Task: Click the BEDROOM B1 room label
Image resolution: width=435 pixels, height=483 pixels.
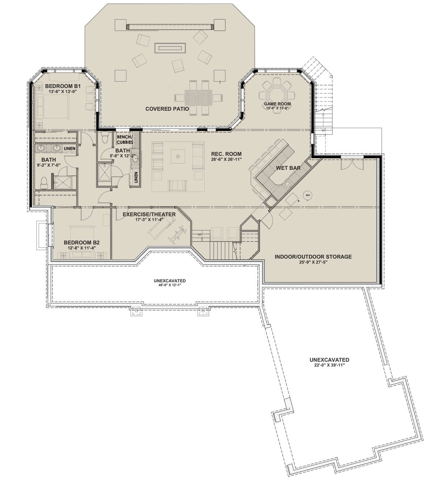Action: (x=63, y=86)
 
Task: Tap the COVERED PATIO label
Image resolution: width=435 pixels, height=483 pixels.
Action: (x=167, y=109)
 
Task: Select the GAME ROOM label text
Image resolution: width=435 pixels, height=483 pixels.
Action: (x=277, y=104)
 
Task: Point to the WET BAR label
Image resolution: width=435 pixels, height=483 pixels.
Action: (x=288, y=168)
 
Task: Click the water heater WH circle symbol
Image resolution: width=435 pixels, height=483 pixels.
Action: (x=308, y=195)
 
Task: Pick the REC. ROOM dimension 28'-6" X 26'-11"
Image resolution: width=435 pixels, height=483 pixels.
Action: (x=226, y=159)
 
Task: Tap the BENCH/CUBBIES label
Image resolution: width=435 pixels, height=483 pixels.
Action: (x=125, y=139)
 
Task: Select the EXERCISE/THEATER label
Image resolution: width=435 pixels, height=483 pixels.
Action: (x=149, y=214)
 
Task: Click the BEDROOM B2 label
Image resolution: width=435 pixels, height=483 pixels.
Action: (x=82, y=242)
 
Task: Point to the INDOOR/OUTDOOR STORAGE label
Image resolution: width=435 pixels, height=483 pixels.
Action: (x=313, y=257)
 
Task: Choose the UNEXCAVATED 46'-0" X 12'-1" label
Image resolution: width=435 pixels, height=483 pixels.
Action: (x=170, y=283)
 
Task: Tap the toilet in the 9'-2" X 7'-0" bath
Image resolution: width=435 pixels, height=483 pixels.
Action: (x=44, y=183)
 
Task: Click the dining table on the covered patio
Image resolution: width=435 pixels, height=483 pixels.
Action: (x=199, y=97)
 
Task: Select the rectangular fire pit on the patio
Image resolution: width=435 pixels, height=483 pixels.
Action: (x=170, y=48)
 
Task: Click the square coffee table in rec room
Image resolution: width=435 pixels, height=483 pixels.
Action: (x=178, y=156)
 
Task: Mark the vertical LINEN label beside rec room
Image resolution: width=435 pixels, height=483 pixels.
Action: (x=136, y=177)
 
